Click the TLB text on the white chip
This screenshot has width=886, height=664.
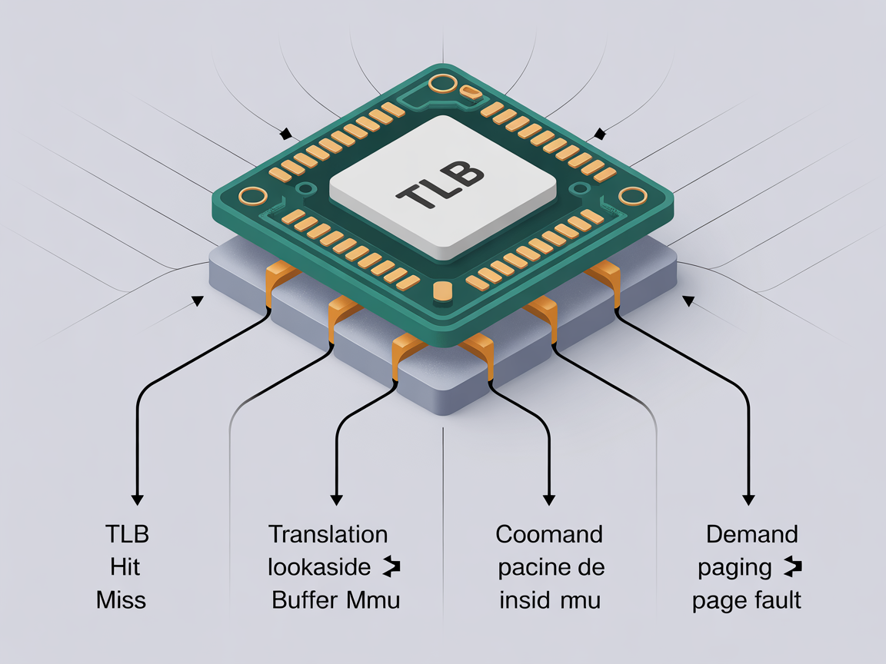pyautogui.click(x=441, y=186)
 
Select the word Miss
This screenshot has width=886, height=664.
pyautogui.click(x=122, y=600)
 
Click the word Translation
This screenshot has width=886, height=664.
pyautogui.click(x=328, y=534)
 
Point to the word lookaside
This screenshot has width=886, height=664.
pyautogui.click(x=319, y=568)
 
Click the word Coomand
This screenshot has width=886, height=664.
pyautogui.click(x=549, y=534)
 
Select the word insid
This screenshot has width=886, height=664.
pyautogui.click(x=523, y=600)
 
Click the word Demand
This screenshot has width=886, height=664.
pyautogui.click(x=741, y=534)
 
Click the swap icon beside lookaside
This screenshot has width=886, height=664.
pyautogui.click(x=391, y=568)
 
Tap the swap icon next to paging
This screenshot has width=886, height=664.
pyautogui.click(x=792, y=568)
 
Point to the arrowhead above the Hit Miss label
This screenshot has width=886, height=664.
pyautogui.click(x=137, y=499)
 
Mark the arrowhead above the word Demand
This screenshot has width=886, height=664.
pyautogui.click(x=746, y=499)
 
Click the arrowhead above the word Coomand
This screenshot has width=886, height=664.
pyautogui.click(x=549, y=499)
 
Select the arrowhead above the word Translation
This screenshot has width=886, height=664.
pyautogui.click(x=336, y=499)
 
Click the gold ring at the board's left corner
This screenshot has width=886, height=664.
pyautogui.click(x=251, y=195)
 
